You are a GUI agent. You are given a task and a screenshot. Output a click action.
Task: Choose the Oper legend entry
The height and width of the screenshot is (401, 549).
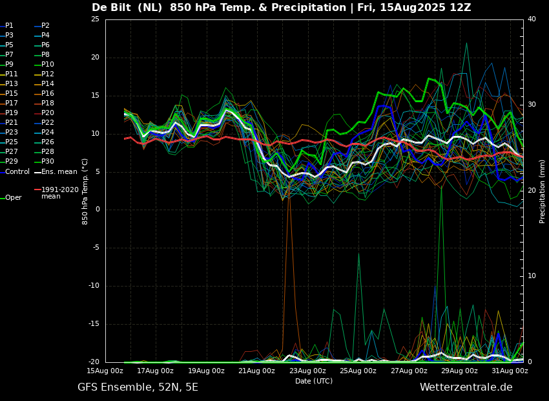click(13, 198)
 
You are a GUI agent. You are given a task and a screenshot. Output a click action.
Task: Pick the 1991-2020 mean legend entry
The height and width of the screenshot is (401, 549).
click(59, 193)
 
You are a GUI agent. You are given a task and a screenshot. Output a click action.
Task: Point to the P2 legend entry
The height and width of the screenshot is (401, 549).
click(45, 26)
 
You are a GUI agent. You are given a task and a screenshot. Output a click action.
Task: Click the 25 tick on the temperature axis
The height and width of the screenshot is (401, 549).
click(95, 19)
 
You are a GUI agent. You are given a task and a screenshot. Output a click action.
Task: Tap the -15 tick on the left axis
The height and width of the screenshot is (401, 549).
click(94, 324)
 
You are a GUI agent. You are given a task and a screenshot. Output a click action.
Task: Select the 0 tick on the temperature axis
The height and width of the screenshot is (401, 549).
click(97, 210)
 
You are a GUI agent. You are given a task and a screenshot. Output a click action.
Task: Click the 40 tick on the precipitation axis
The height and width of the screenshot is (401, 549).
click(532, 19)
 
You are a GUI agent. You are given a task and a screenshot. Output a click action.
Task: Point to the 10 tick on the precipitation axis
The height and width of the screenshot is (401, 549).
click(532, 276)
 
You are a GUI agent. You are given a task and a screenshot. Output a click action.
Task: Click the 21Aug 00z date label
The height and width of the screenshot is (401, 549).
click(257, 371)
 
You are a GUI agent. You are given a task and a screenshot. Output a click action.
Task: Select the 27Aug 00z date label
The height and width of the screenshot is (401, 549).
click(409, 371)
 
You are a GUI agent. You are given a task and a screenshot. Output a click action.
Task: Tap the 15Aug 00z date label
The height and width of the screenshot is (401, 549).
click(105, 371)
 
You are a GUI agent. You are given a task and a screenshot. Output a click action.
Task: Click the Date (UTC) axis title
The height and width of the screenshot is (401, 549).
click(314, 381)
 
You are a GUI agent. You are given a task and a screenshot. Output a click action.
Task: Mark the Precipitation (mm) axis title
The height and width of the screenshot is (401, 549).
click(543, 191)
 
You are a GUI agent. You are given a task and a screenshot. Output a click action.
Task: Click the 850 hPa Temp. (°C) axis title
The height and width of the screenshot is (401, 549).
click(85, 191)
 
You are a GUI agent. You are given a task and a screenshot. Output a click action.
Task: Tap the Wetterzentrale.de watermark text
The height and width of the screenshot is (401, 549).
click(466, 387)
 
